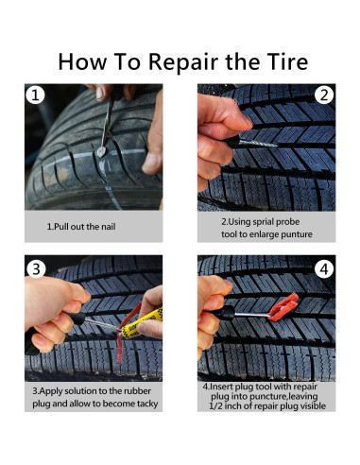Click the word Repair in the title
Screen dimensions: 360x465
[x=183, y=62]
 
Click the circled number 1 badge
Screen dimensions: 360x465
[x=35, y=95]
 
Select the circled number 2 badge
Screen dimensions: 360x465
[x=324, y=95]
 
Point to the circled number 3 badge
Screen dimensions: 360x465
[x=36, y=268]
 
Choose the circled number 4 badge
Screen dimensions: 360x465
[x=324, y=269]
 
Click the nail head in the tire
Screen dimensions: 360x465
[x=101, y=152]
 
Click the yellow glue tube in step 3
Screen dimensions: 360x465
[x=142, y=323]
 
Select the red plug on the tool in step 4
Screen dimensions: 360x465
[x=283, y=307]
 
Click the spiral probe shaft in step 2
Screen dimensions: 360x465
[x=258, y=144]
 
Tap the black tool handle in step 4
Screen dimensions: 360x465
[x=225, y=313]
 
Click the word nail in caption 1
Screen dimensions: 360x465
[x=109, y=227]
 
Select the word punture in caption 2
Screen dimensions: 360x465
[x=297, y=234]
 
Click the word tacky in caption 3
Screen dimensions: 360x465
[x=146, y=404]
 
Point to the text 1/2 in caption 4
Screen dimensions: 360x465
[x=215, y=406]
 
